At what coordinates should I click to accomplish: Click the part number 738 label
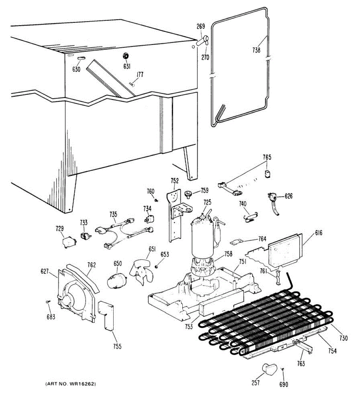256,50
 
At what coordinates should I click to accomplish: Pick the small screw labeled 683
48,302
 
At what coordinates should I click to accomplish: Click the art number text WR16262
71,384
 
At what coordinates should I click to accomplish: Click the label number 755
117,346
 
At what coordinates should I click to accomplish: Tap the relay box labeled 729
68,242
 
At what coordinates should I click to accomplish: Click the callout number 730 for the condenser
343,338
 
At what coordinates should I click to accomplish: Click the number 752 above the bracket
175,181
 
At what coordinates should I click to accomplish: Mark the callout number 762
91,265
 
